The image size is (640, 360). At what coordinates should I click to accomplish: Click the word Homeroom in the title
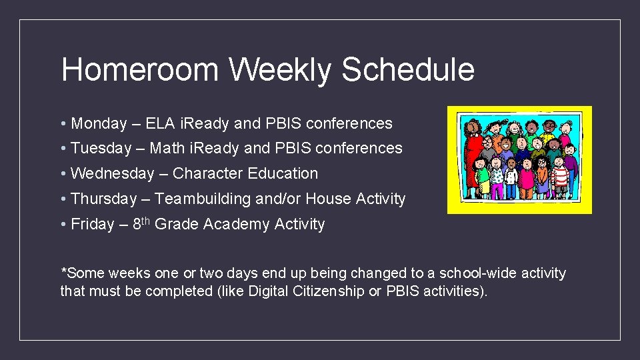(x=139, y=70)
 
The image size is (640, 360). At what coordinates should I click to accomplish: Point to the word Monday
(x=99, y=123)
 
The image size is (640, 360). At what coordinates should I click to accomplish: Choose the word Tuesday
(x=101, y=148)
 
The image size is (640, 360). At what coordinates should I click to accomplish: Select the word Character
(x=207, y=173)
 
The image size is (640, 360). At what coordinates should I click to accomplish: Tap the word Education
(x=283, y=173)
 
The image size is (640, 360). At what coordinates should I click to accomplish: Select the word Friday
(x=92, y=225)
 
